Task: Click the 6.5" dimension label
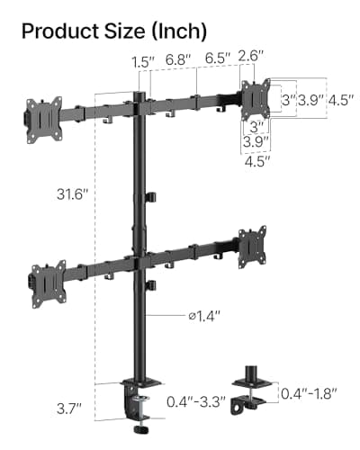coord(216,58)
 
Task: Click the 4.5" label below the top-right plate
coord(256,163)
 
